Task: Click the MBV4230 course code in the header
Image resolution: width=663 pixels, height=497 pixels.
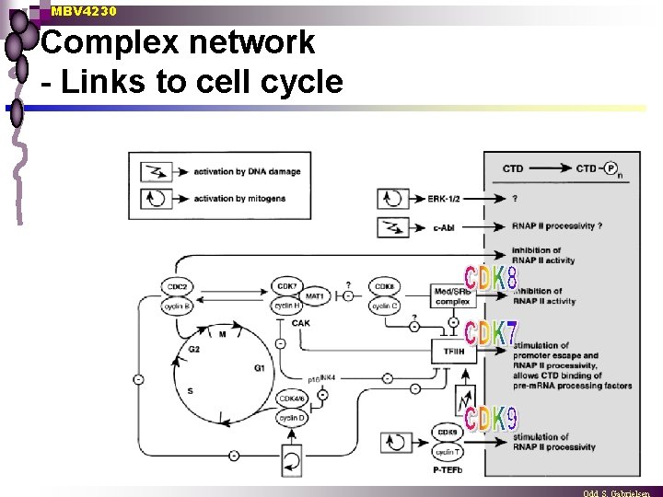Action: (x=84, y=12)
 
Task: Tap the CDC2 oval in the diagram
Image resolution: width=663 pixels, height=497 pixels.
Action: (x=178, y=287)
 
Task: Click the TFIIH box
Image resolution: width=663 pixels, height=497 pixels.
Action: (x=452, y=351)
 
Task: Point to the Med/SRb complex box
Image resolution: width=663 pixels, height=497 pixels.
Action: (x=452, y=296)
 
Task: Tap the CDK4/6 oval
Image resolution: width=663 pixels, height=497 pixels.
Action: (x=290, y=399)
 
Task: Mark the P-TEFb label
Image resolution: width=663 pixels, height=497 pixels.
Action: (x=448, y=469)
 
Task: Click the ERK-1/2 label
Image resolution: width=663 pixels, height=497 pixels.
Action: (x=447, y=198)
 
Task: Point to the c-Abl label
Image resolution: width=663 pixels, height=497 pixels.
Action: (x=443, y=226)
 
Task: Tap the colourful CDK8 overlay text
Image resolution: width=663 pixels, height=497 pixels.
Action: (x=491, y=277)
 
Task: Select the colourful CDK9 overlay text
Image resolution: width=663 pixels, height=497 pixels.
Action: (x=491, y=420)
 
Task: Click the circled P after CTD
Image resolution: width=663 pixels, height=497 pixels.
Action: (x=611, y=168)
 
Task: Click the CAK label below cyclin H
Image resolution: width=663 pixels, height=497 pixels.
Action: (x=300, y=323)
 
